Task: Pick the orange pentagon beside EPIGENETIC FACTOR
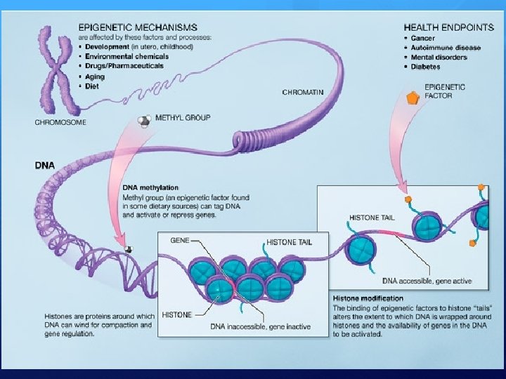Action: pyautogui.click(x=413, y=98)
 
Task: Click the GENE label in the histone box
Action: pyautogui.click(x=180, y=239)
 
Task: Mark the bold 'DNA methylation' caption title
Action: pyautogui.click(x=150, y=187)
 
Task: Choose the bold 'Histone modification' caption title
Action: pyautogui.click(x=368, y=298)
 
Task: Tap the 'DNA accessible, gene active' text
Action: pyautogui.click(x=427, y=281)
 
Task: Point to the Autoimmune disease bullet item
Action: pyautogui.click(x=446, y=47)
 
